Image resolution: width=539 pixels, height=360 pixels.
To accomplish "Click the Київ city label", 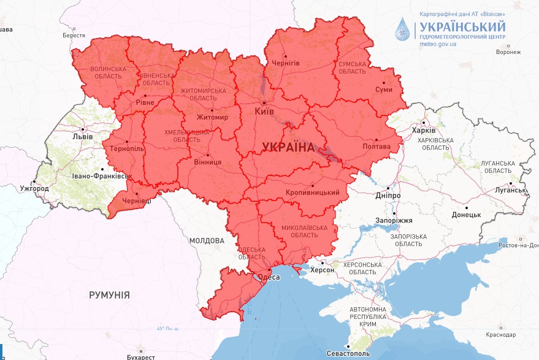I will click(264, 112).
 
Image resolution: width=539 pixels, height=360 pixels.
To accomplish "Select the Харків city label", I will click(423, 131).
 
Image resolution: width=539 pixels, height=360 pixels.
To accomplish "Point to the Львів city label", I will click(82, 136).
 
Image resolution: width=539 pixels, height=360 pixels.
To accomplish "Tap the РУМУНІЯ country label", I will click(109, 295).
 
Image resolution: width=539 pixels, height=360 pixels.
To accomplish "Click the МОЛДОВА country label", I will click(206, 241).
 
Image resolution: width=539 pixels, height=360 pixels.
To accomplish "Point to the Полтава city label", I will click(377, 147).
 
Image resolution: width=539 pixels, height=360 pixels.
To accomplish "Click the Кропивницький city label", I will click(313, 193).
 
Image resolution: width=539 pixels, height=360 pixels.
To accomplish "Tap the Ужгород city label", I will click(34, 188).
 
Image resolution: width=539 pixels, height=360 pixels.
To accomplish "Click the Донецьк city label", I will click(466, 215).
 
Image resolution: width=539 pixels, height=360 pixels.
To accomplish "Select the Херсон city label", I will click(323, 270).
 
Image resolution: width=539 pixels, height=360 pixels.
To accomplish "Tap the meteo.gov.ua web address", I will click(438, 44).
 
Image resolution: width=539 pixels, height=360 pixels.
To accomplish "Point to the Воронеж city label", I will click(508, 53).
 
